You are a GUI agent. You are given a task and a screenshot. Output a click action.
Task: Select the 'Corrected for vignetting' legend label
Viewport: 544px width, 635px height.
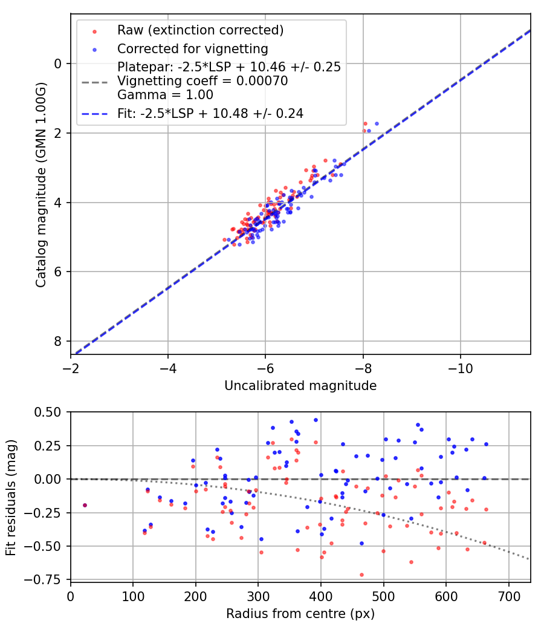[x=193, y=48]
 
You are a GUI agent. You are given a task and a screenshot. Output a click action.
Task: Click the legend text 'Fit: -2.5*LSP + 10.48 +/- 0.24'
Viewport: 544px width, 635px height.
[x=210, y=113]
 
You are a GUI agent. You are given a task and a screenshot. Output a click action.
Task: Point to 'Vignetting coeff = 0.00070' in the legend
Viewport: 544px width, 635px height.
[x=202, y=81]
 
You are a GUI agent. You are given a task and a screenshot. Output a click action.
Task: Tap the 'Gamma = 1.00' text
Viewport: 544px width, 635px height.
[x=165, y=95]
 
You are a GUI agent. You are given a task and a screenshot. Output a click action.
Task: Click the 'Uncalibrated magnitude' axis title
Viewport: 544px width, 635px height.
[x=300, y=386]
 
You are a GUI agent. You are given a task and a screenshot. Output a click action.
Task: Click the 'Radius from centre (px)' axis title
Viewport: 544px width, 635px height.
[x=300, y=614]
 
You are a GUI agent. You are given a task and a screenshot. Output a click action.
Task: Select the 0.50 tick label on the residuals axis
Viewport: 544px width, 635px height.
[x=49, y=412]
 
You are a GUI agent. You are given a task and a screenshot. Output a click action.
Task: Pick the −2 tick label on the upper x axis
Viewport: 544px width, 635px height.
[x=71, y=368]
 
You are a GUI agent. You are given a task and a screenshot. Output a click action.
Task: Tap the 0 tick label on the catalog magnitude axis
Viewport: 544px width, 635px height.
[x=59, y=63]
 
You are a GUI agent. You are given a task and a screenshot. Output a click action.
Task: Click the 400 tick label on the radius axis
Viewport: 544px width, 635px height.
[x=320, y=596]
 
